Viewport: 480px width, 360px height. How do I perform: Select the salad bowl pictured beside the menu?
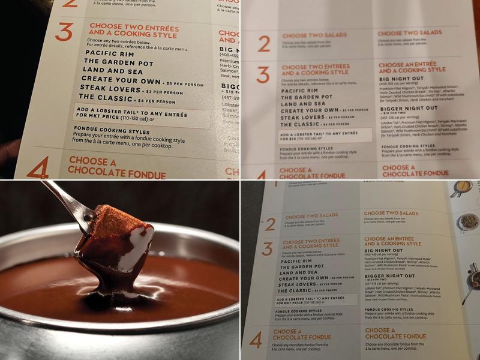click(469, 222)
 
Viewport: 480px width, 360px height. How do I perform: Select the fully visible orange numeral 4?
click(256, 340)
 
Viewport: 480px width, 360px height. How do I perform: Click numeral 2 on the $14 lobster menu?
click(264, 44)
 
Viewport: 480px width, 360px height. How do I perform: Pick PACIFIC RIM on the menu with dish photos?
click(298, 262)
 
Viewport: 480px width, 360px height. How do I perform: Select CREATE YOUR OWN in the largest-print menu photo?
click(119, 81)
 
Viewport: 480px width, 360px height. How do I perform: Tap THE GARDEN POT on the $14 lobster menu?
click(307, 96)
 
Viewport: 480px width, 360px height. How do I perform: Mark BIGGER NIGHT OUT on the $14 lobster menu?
click(407, 108)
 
